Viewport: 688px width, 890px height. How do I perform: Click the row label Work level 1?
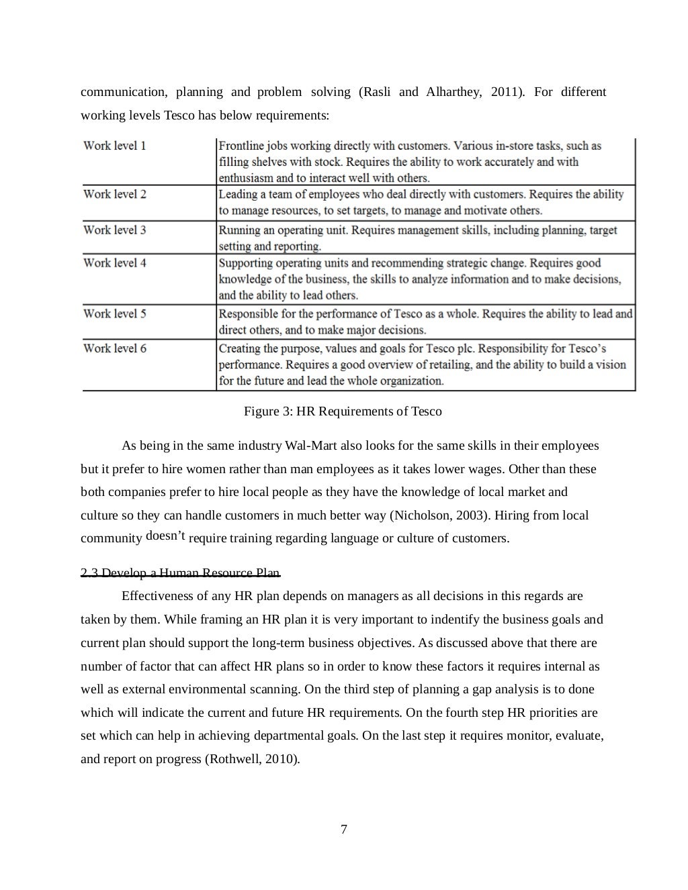[x=114, y=146]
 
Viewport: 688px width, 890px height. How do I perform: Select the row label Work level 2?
[x=114, y=194]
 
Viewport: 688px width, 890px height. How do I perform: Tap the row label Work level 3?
[x=114, y=230]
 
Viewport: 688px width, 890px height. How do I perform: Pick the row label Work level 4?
[x=114, y=262]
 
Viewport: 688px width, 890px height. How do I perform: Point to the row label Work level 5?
[x=114, y=313]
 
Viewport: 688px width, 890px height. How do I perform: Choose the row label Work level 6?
[x=114, y=348]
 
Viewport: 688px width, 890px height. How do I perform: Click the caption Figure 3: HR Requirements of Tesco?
[x=342, y=411]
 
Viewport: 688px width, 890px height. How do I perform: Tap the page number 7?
[x=344, y=830]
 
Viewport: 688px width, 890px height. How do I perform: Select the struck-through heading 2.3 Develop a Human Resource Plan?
[x=180, y=573]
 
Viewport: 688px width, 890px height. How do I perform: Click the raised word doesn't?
[x=165, y=536]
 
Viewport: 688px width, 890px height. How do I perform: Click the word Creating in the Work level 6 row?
[x=239, y=348]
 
